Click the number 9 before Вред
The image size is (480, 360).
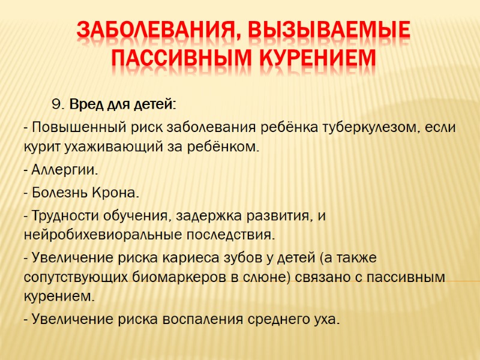(58, 106)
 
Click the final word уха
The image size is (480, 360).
(326, 319)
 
